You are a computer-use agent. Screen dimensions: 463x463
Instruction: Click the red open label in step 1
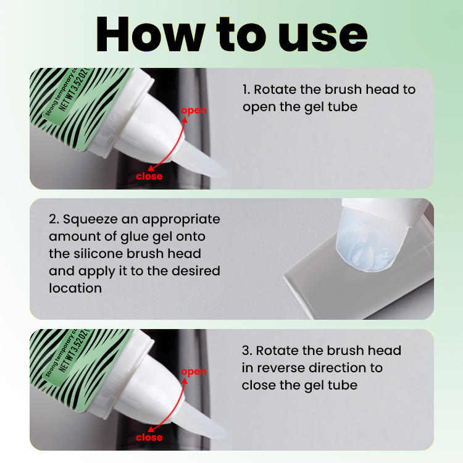pos(193,111)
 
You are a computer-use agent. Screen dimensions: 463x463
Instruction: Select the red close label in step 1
pos(149,177)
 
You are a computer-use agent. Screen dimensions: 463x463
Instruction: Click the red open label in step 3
pos(193,372)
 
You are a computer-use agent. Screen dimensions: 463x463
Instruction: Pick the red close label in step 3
pos(149,438)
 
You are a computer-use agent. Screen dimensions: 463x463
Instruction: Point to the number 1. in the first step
pos(246,90)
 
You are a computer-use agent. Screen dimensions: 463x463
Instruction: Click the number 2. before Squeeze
pos(54,219)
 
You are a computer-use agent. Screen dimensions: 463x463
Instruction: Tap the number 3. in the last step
pos(246,351)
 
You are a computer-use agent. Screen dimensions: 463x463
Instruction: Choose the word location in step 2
pos(75,288)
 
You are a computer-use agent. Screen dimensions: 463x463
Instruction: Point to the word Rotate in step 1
pos(275,90)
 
